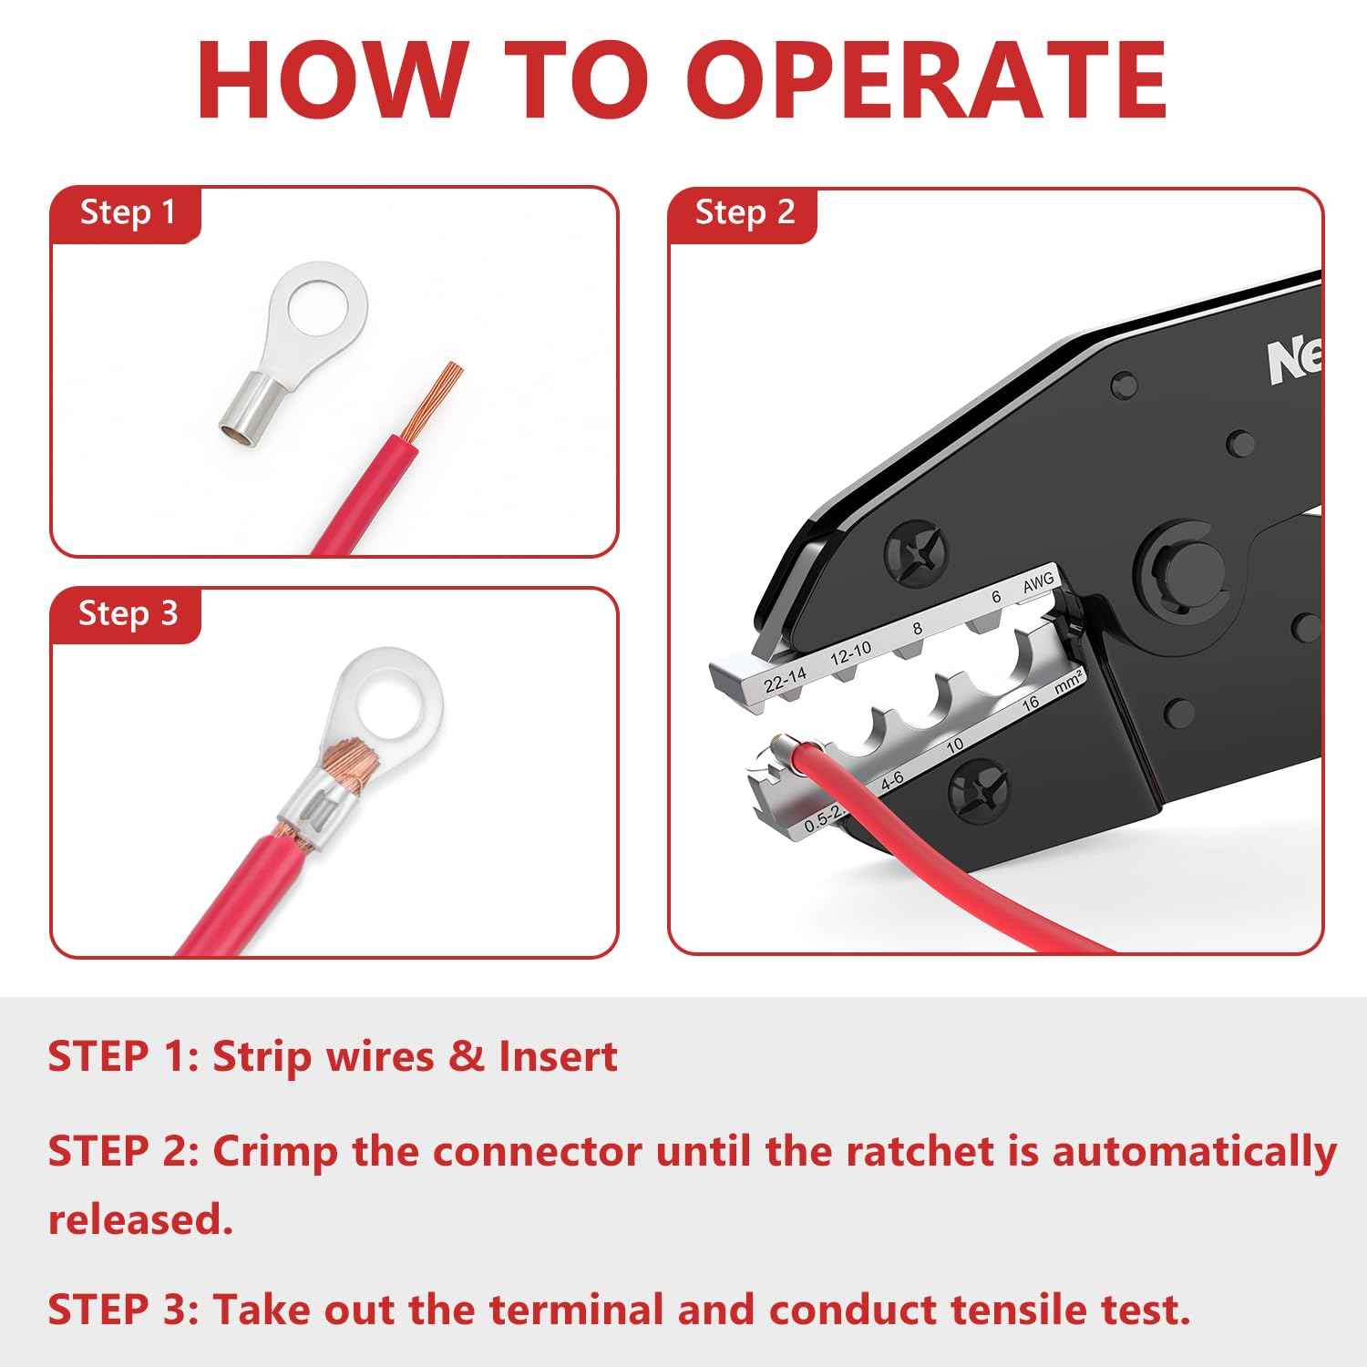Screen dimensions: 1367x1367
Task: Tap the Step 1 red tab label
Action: coord(127,213)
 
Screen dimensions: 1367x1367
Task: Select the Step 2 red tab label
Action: coord(745,213)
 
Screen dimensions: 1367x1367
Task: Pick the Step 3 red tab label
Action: coord(127,613)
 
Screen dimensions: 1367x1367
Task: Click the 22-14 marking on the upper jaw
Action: coord(785,679)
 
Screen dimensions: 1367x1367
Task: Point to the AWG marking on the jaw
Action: coord(1038,583)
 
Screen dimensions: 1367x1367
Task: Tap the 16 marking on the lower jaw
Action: coord(1031,703)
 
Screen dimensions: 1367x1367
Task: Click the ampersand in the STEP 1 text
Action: coord(466,1057)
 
